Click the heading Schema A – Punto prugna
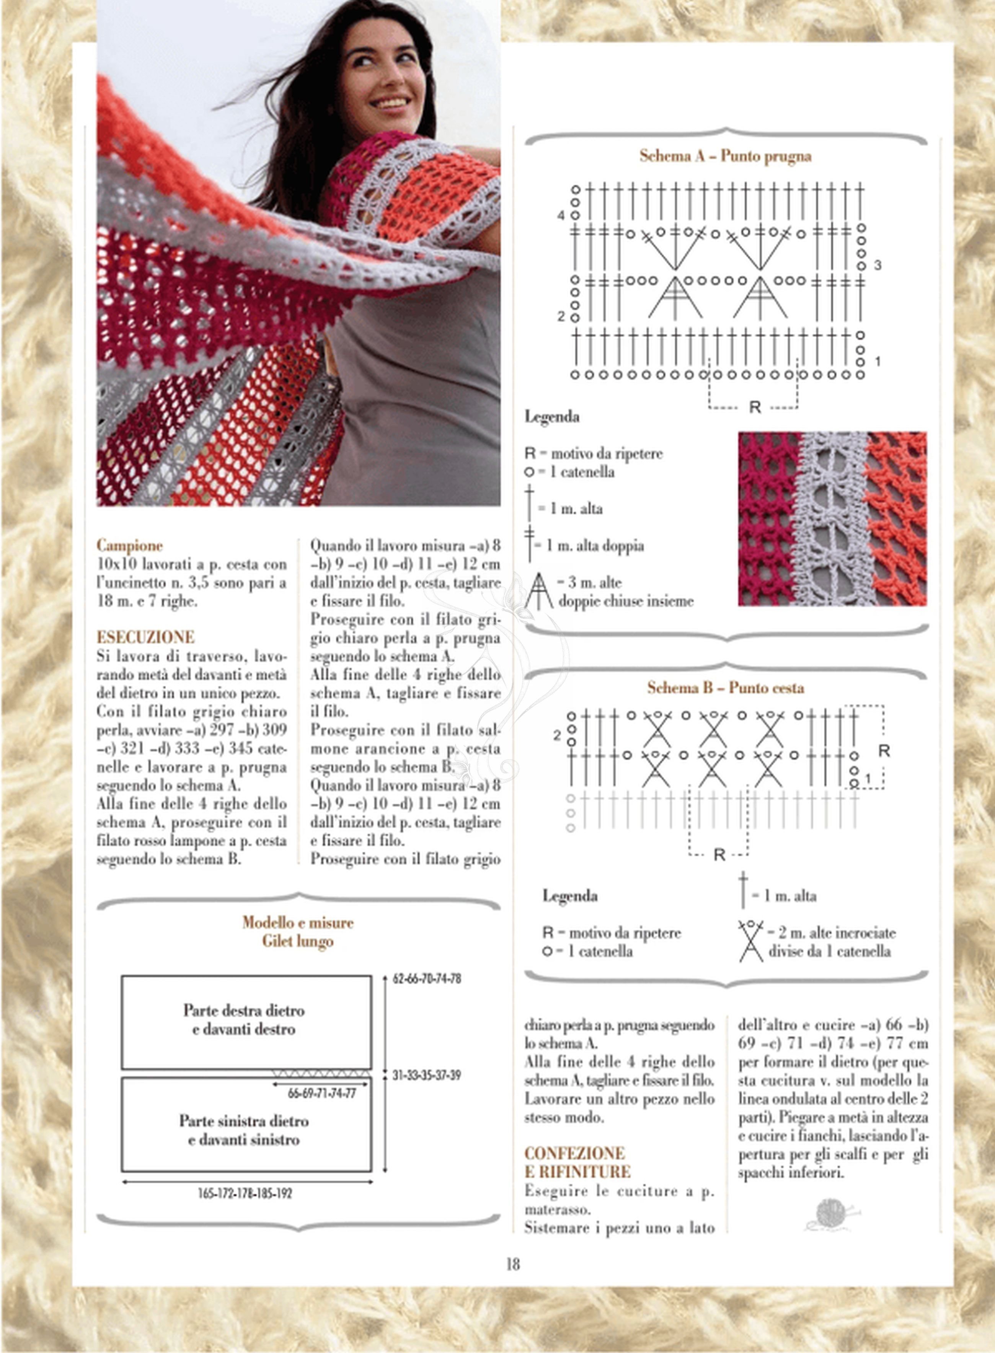coord(725,156)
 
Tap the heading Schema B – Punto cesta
coord(726,688)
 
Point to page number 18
coord(512,1264)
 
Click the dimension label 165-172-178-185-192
coord(245,1193)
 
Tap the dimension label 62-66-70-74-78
coord(427,979)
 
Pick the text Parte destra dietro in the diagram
coord(244,1011)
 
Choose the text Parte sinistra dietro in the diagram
coord(243,1121)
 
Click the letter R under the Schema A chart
coord(755,408)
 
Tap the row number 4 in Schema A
coord(561,215)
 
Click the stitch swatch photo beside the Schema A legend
coord(832,518)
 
